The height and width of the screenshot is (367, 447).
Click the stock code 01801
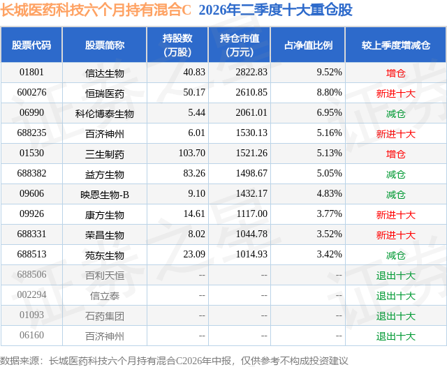31,73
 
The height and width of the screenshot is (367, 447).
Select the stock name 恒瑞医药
105,93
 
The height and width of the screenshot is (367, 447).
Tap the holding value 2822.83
251,73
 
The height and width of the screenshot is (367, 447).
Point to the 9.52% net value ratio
329,73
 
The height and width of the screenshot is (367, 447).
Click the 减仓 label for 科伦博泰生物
396,114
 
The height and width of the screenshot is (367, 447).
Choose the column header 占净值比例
308,45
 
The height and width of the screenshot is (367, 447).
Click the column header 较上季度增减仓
396,45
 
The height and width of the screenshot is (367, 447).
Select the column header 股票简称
105,45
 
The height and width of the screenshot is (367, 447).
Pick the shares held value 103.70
192,153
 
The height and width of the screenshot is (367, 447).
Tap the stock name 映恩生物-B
105,195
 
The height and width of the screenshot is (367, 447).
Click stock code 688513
31,254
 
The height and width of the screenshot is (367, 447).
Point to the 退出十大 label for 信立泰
396,296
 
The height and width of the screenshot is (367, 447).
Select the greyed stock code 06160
31,335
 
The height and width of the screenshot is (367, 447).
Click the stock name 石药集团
105,316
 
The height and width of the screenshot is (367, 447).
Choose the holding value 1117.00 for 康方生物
251,214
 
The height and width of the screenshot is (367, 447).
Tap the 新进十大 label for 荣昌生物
396,235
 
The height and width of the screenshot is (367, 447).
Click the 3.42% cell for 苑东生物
329,254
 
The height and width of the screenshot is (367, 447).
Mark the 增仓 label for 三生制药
396,154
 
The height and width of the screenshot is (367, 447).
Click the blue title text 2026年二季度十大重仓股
276,10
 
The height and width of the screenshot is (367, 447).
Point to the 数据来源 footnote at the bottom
174,361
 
